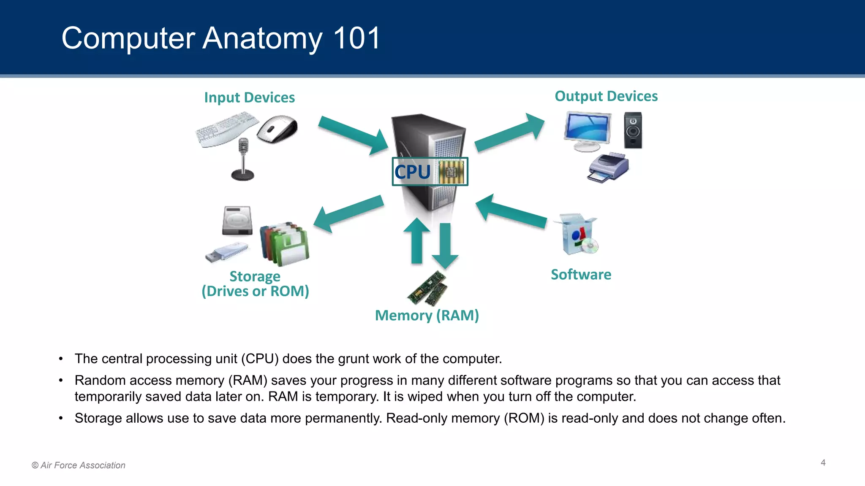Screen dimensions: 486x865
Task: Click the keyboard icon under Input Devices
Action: pos(226,129)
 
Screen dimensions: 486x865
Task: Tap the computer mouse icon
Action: pos(277,129)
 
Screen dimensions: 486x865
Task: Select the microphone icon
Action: pos(243,159)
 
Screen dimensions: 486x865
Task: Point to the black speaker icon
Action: pos(633,130)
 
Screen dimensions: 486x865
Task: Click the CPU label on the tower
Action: pos(413,172)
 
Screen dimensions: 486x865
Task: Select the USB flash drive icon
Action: pos(226,252)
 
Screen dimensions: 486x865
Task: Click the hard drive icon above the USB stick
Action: pos(237,220)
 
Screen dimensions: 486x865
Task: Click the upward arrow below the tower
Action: pos(417,241)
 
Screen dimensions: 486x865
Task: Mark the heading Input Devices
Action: pos(249,97)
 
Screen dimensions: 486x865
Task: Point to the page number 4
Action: pos(823,463)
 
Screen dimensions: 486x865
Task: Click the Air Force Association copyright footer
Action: pos(79,465)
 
